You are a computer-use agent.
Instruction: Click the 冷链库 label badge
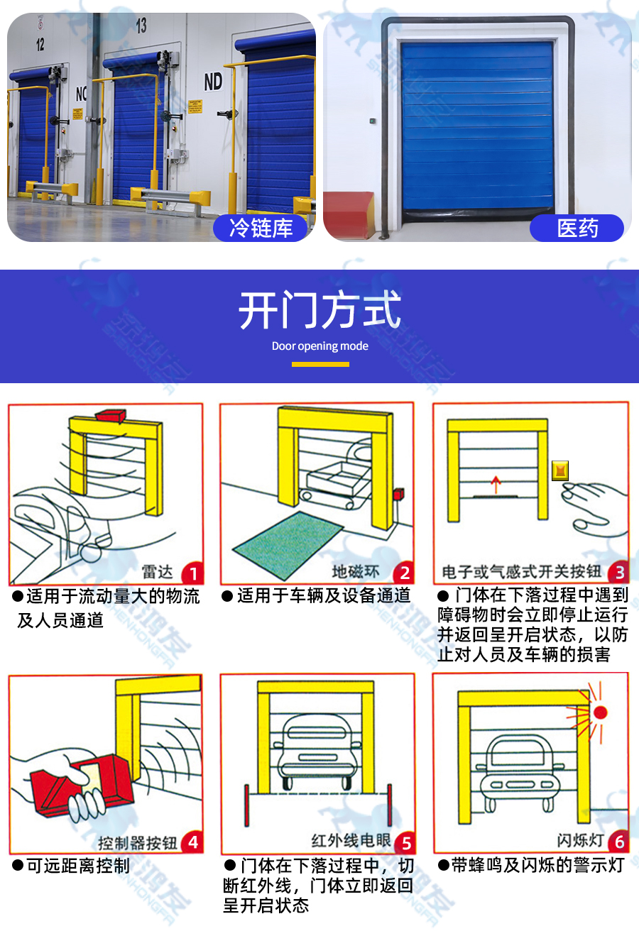[x=261, y=228]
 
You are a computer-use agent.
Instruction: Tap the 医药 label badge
[x=577, y=228]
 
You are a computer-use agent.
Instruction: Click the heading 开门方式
[x=320, y=310]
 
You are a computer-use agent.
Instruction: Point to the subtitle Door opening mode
[x=320, y=346]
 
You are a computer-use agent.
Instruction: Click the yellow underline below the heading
[x=320, y=364]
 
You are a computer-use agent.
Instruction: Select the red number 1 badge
[x=192, y=573]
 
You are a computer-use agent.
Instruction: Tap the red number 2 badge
[x=405, y=573]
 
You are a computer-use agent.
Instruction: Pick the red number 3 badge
[x=618, y=572]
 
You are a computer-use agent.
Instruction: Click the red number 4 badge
[x=192, y=843]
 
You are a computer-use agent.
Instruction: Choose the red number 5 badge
[x=405, y=843]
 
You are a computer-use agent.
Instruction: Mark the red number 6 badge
[x=618, y=842]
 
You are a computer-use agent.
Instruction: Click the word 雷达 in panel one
[x=158, y=572]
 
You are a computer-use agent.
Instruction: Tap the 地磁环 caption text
[x=356, y=572]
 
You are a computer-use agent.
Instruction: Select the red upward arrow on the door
[x=496, y=485]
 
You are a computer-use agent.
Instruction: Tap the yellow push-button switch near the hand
[x=560, y=470]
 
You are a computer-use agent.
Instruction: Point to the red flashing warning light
[x=601, y=712]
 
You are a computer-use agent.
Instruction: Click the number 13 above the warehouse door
[x=141, y=26]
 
